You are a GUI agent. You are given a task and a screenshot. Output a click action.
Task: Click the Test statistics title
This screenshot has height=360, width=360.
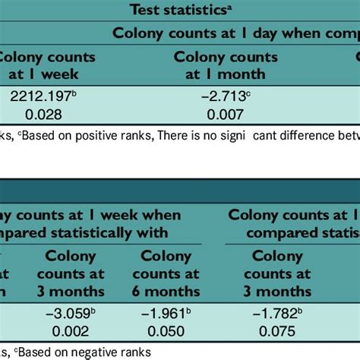(179, 9)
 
